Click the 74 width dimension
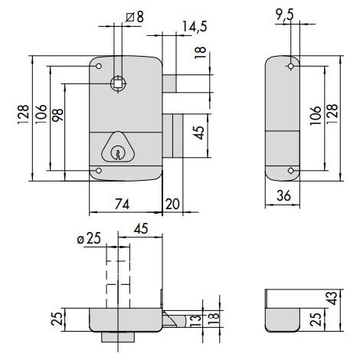pos(122,204)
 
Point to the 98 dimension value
pos(57,115)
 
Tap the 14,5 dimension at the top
pos(195,27)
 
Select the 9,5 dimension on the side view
pos(285,15)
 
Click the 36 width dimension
pos(283,196)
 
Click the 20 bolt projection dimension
pos(172,204)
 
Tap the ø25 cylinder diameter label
pos(89,239)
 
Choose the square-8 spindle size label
pos(135,17)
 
